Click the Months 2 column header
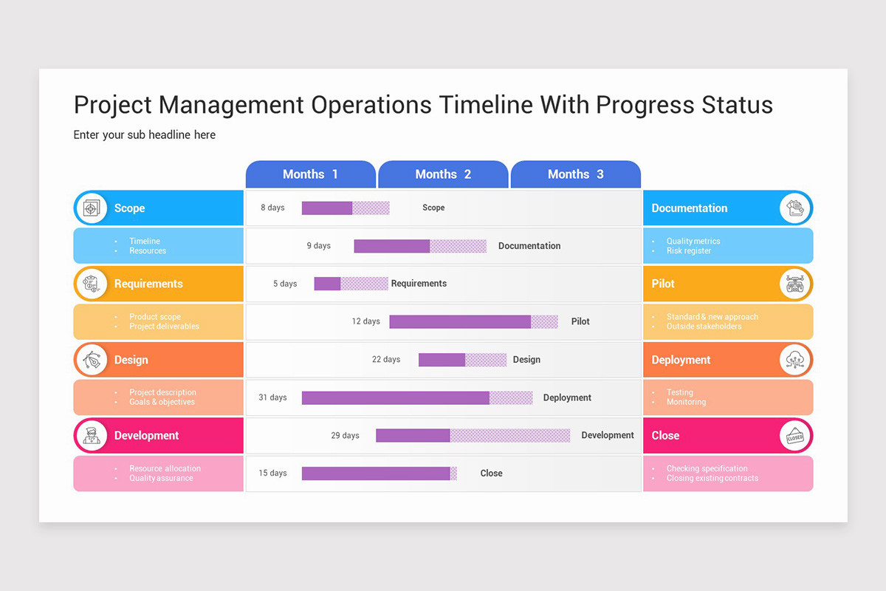(x=443, y=174)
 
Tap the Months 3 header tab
(x=575, y=174)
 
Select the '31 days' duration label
(x=272, y=397)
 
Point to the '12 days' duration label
(x=365, y=321)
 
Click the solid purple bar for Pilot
(x=459, y=321)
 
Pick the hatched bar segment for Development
(x=509, y=435)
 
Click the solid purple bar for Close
(x=376, y=473)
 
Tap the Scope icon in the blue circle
(x=91, y=208)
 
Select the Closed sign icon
(x=794, y=436)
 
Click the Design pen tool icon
(x=91, y=360)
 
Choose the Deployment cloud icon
(x=794, y=360)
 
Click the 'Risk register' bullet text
(x=689, y=251)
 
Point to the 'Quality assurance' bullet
(x=161, y=478)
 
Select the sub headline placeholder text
(x=145, y=134)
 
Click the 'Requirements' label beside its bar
(x=419, y=284)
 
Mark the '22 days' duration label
(x=385, y=360)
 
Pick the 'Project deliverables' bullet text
(x=164, y=327)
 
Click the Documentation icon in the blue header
(x=794, y=208)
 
